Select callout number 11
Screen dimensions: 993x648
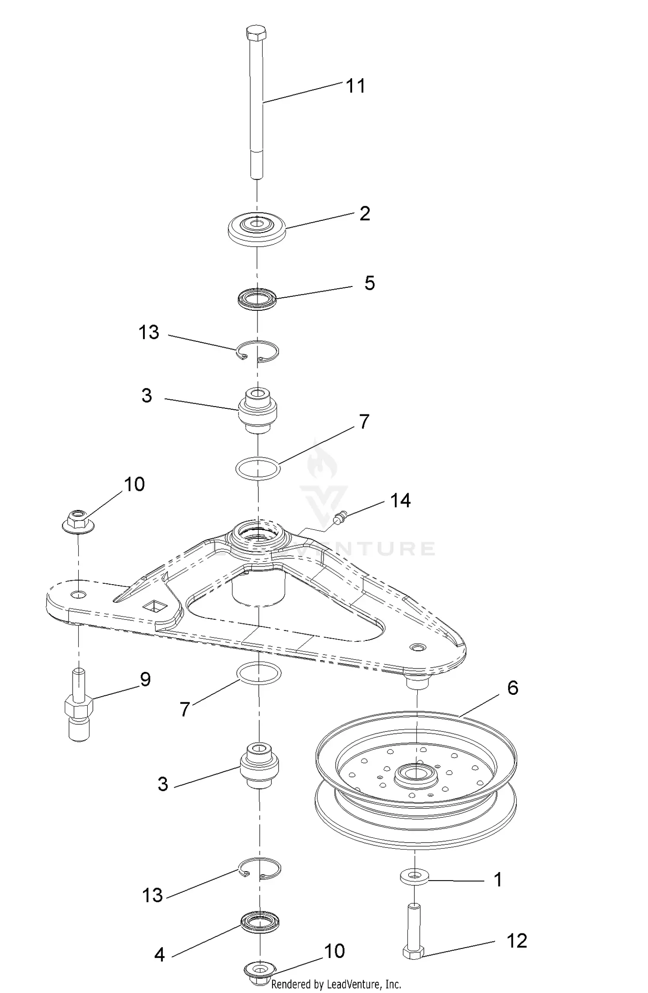pos(356,86)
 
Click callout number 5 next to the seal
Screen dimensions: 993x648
pos(369,283)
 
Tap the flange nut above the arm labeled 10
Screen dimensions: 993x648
pos(78,521)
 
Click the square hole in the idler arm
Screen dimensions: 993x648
pos(156,606)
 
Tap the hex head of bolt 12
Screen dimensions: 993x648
pos(414,952)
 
